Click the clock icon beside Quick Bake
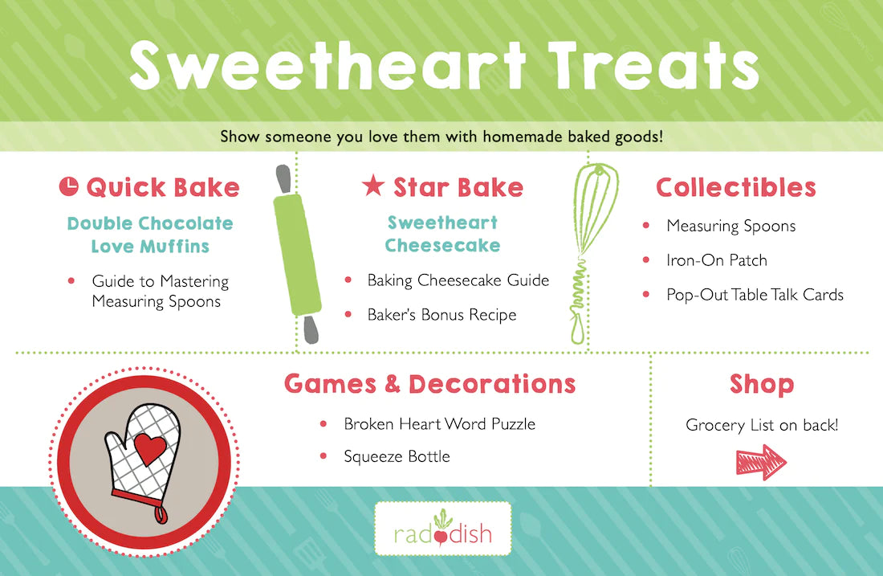click(69, 186)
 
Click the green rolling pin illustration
click(297, 254)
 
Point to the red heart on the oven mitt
click(150, 448)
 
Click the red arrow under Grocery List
click(761, 462)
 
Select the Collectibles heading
click(736, 188)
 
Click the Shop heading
click(762, 384)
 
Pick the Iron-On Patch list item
click(717, 259)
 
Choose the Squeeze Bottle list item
click(397, 456)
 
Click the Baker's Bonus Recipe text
click(441, 314)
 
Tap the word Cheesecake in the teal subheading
click(442, 245)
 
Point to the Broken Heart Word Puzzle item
click(440, 424)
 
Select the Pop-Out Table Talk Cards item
click(755, 295)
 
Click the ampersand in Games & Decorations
click(393, 384)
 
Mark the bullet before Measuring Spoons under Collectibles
click(646, 226)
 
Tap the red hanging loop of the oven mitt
click(161, 513)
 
